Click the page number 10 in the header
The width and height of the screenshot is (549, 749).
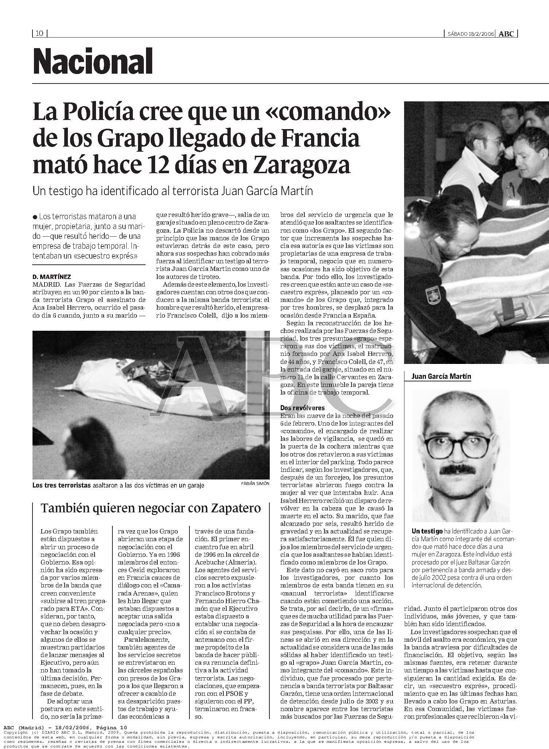coord(39,34)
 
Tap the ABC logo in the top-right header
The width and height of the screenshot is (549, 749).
coord(506,34)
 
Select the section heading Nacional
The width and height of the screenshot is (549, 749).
coord(93,61)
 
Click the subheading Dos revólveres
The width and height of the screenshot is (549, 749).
coord(302,408)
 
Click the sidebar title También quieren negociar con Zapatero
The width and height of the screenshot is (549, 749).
coord(151,508)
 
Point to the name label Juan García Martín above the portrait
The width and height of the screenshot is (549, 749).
coord(441,376)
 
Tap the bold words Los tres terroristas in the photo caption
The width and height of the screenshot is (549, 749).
coord(61,485)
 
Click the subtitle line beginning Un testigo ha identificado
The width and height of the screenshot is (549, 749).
coord(173,191)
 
